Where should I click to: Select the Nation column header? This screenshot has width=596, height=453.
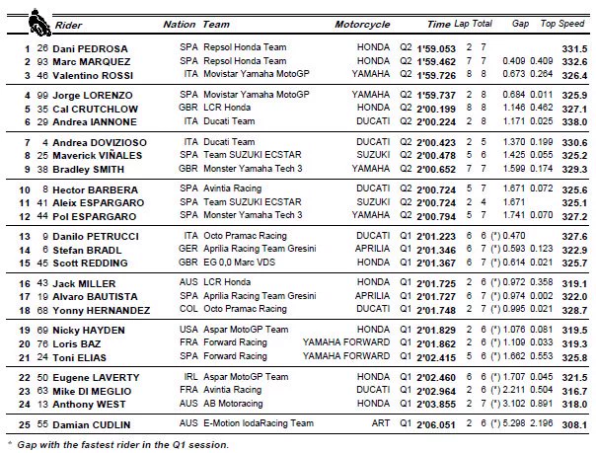179,22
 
